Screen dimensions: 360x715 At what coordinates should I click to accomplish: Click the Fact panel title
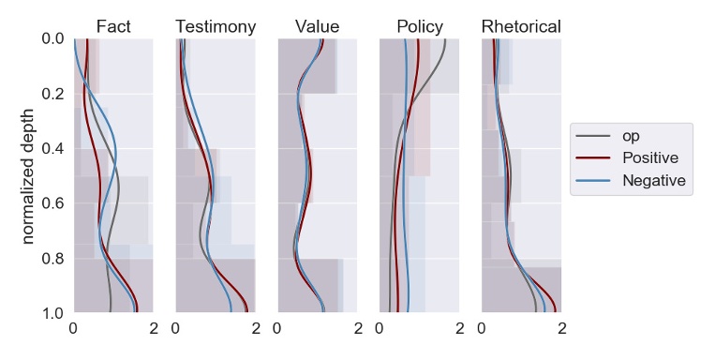[113, 26]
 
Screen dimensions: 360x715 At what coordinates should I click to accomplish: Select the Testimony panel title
[216, 26]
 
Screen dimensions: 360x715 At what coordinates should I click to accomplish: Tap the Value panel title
[317, 26]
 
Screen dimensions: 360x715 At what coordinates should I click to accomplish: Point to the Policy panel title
[419, 26]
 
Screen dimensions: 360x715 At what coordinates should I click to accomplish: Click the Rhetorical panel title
[521, 26]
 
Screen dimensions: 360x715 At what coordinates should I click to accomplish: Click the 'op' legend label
[633, 136]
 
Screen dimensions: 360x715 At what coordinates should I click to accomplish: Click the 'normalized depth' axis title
[29, 175]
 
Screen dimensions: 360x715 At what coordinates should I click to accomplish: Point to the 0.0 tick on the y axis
[53, 39]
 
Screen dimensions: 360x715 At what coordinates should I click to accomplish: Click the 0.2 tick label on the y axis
[53, 94]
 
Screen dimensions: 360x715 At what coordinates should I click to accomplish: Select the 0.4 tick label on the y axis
[53, 149]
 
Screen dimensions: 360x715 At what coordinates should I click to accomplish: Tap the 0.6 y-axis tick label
[53, 203]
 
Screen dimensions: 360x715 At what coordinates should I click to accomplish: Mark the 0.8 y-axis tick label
[53, 259]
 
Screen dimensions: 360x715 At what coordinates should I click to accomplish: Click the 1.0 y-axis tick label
[53, 313]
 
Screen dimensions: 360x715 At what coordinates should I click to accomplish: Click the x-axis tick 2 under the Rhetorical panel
[560, 329]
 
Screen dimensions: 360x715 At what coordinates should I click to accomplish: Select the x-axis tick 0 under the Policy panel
[380, 329]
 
